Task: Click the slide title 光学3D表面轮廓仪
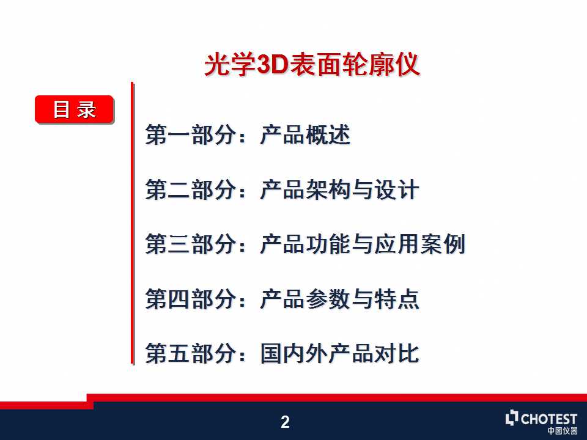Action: coord(312,65)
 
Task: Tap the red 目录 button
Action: coord(75,109)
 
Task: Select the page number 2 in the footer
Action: coord(286,422)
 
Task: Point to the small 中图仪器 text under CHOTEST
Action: coord(563,431)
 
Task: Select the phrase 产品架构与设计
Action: coord(339,189)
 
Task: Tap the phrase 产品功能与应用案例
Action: coord(363,244)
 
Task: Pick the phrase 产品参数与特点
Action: coord(339,299)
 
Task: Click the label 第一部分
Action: coord(191,135)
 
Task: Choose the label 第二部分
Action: coord(191,189)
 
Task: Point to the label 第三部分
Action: coord(191,244)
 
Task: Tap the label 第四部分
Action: coord(191,299)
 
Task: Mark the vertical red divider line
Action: coord(132,224)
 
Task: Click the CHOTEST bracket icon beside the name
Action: coord(512,418)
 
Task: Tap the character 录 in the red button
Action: coord(86,109)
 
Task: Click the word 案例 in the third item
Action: coord(443,244)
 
